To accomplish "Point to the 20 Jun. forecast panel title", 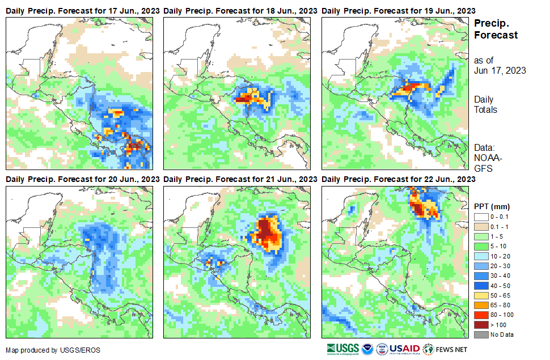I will [82, 179].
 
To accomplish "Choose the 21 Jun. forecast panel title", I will [240, 179].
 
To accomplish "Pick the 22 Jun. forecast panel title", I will [399, 179].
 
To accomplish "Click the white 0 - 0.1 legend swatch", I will [481, 217].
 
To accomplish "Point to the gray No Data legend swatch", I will [481, 334].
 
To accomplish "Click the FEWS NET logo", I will [445, 349].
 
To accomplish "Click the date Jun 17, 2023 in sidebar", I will [500, 71].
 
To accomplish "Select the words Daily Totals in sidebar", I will [485, 104].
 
